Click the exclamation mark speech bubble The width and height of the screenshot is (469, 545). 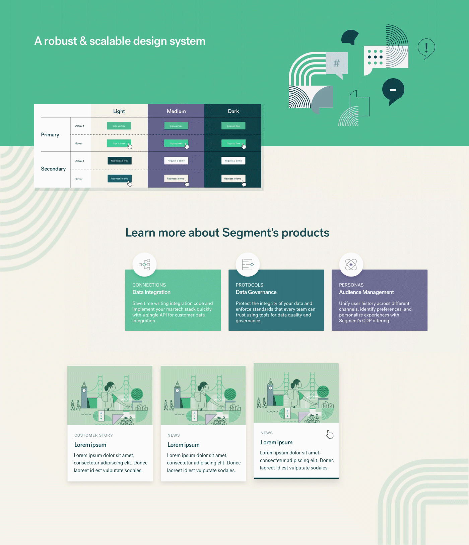click(426, 48)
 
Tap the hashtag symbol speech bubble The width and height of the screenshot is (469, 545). click(337, 63)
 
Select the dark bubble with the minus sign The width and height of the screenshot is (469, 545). click(393, 90)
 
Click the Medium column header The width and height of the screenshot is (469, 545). click(176, 111)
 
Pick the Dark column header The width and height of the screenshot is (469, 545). click(233, 111)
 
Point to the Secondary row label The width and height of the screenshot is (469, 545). click(53, 169)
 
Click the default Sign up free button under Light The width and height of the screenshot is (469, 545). click(119, 126)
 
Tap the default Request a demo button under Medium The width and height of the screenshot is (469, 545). click(176, 161)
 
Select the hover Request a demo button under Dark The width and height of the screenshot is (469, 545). click(233, 179)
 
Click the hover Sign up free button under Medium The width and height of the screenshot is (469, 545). click(176, 143)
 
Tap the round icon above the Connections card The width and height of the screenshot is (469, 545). click(144, 264)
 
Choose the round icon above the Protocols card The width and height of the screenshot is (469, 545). click(248, 264)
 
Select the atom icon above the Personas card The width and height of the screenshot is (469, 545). click(351, 264)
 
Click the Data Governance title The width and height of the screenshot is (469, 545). click(256, 292)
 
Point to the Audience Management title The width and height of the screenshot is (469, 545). click(366, 292)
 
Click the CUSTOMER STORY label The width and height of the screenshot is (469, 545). click(93, 435)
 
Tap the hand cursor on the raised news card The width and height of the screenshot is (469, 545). click(330, 434)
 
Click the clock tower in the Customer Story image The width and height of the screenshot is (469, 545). click(84, 395)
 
